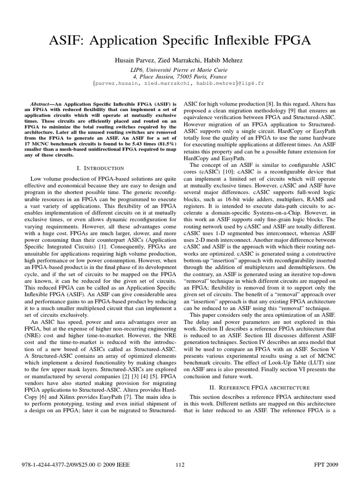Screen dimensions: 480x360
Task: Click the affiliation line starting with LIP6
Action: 180,69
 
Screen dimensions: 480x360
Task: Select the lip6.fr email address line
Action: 180,83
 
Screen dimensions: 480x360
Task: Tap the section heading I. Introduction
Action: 100,168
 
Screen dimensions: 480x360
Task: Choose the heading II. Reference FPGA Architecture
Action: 259,387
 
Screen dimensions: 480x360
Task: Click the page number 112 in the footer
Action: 180,465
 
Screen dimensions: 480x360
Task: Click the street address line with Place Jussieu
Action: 180,76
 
